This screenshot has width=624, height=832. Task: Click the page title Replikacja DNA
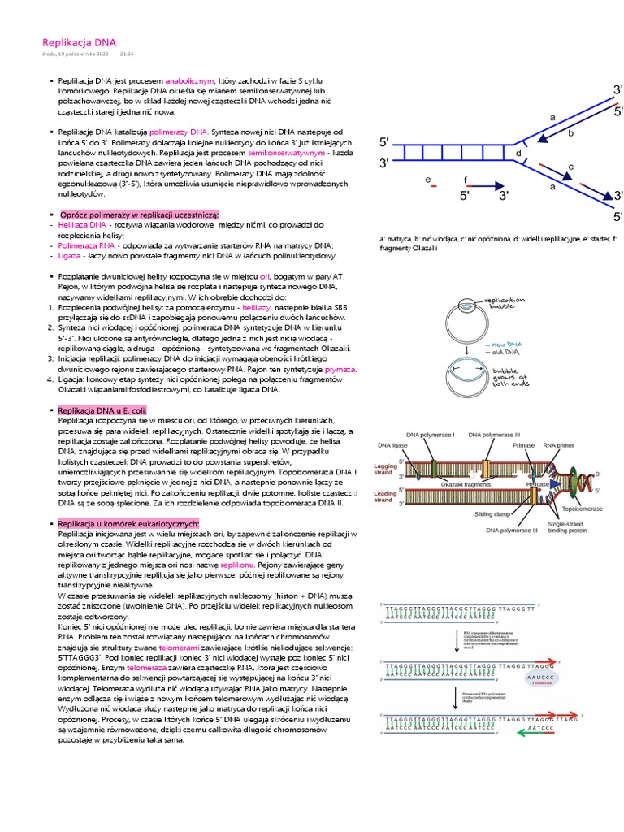[x=79, y=41]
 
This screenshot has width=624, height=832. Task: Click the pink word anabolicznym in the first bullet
[x=189, y=82]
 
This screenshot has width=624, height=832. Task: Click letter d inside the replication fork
[x=518, y=153]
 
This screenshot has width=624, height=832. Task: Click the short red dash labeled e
[x=434, y=186]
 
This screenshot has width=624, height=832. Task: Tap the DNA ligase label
[x=393, y=445]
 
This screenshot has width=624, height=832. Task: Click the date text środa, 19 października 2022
[x=74, y=54]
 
